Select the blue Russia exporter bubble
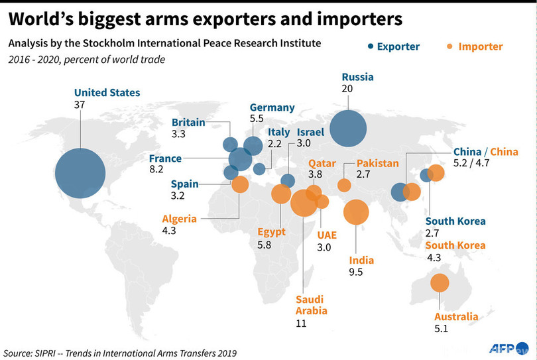(348, 128)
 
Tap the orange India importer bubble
(356, 212)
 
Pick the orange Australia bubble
(439, 284)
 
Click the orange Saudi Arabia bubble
(304, 203)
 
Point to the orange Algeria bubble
(240, 184)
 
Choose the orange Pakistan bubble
(344, 185)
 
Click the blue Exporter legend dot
(369, 46)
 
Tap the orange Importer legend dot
(449, 46)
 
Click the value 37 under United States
(81, 105)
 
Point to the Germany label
(272, 107)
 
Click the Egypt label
(272, 231)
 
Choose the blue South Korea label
(455, 221)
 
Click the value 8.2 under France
(156, 170)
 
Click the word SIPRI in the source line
(51, 353)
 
